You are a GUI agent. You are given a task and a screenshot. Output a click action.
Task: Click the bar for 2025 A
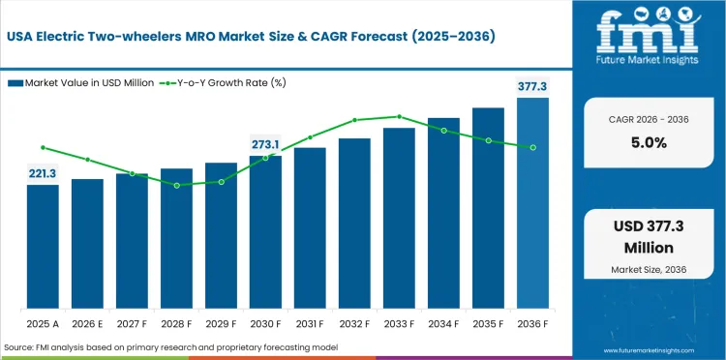[43, 246]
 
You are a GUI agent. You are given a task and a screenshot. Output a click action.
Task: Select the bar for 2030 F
[265, 231]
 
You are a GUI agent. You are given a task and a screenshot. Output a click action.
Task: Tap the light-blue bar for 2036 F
[532, 202]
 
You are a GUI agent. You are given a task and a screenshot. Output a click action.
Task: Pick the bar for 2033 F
[399, 218]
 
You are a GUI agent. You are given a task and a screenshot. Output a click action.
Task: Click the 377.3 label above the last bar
[532, 87]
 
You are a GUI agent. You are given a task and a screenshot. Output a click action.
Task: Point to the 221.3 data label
[43, 173]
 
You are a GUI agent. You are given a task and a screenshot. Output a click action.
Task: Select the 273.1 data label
[265, 144]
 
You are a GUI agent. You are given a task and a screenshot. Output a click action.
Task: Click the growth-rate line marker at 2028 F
[176, 185]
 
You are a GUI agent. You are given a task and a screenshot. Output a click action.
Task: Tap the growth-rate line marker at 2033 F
[399, 116]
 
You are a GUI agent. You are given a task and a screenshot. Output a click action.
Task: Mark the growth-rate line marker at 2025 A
[43, 147]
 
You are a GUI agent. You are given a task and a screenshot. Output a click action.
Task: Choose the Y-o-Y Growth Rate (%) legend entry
[224, 83]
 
